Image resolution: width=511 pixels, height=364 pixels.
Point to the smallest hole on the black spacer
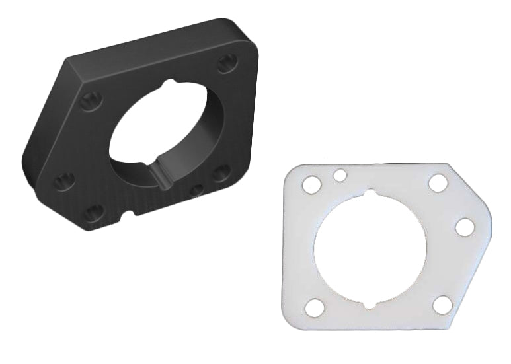click(197, 190)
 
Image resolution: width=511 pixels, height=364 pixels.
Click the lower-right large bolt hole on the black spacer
click(221, 172)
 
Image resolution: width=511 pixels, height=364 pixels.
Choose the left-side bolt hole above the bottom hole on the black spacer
click(64, 180)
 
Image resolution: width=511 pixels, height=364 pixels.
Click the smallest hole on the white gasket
click(340, 175)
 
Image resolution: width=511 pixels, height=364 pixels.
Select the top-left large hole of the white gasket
click(311, 186)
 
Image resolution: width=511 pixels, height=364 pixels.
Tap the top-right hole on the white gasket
click(438, 183)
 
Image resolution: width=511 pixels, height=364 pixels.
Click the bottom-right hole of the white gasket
click(442, 305)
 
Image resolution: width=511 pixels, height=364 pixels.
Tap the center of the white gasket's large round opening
click(372, 250)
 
